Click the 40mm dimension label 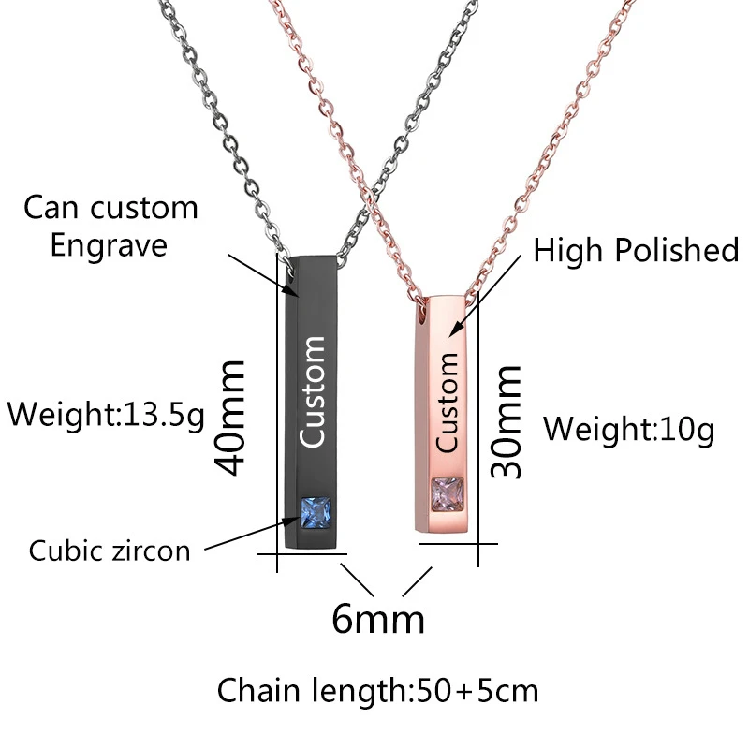pos(230,416)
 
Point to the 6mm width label pos(378,619)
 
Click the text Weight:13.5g pos(106,413)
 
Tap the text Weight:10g pos(628,429)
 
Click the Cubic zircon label pos(110,550)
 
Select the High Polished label pos(636,250)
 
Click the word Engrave pos(109,244)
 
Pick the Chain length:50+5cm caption pos(378,691)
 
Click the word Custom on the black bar pos(312,391)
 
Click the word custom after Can pos(140,207)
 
